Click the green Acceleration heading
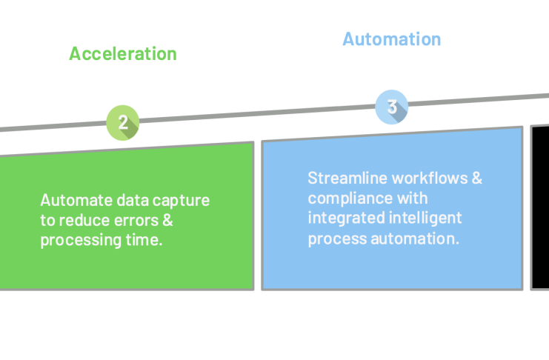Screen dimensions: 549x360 click(123, 54)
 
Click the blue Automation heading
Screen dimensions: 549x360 click(391, 39)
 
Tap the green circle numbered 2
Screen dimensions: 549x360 click(123, 122)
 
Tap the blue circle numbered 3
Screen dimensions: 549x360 click(392, 107)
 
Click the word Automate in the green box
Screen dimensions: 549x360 click(76, 200)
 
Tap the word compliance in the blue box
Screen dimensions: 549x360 click(350, 199)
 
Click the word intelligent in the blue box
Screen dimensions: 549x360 click(425, 219)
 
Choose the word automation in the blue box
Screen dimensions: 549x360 click(415, 239)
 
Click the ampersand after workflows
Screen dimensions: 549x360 click(477, 179)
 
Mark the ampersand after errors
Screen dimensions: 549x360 click(167, 221)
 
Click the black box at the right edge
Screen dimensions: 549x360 click(540, 207)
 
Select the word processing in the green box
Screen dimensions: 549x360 click(81, 241)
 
